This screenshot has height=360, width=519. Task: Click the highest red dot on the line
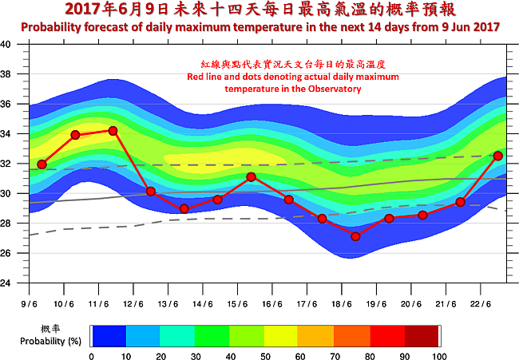click(x=113, y=130)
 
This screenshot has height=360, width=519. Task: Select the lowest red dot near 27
click(x=355, y=236)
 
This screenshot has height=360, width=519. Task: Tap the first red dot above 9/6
click(x=42, y=164)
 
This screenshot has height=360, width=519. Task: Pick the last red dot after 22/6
click(x=498, y=156)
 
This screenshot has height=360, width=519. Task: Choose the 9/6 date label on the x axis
click(x=30, y=303)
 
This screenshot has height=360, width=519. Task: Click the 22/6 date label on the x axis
click(x=479, y=303)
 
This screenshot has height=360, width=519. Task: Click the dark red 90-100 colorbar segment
click(x=422, y=335)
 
